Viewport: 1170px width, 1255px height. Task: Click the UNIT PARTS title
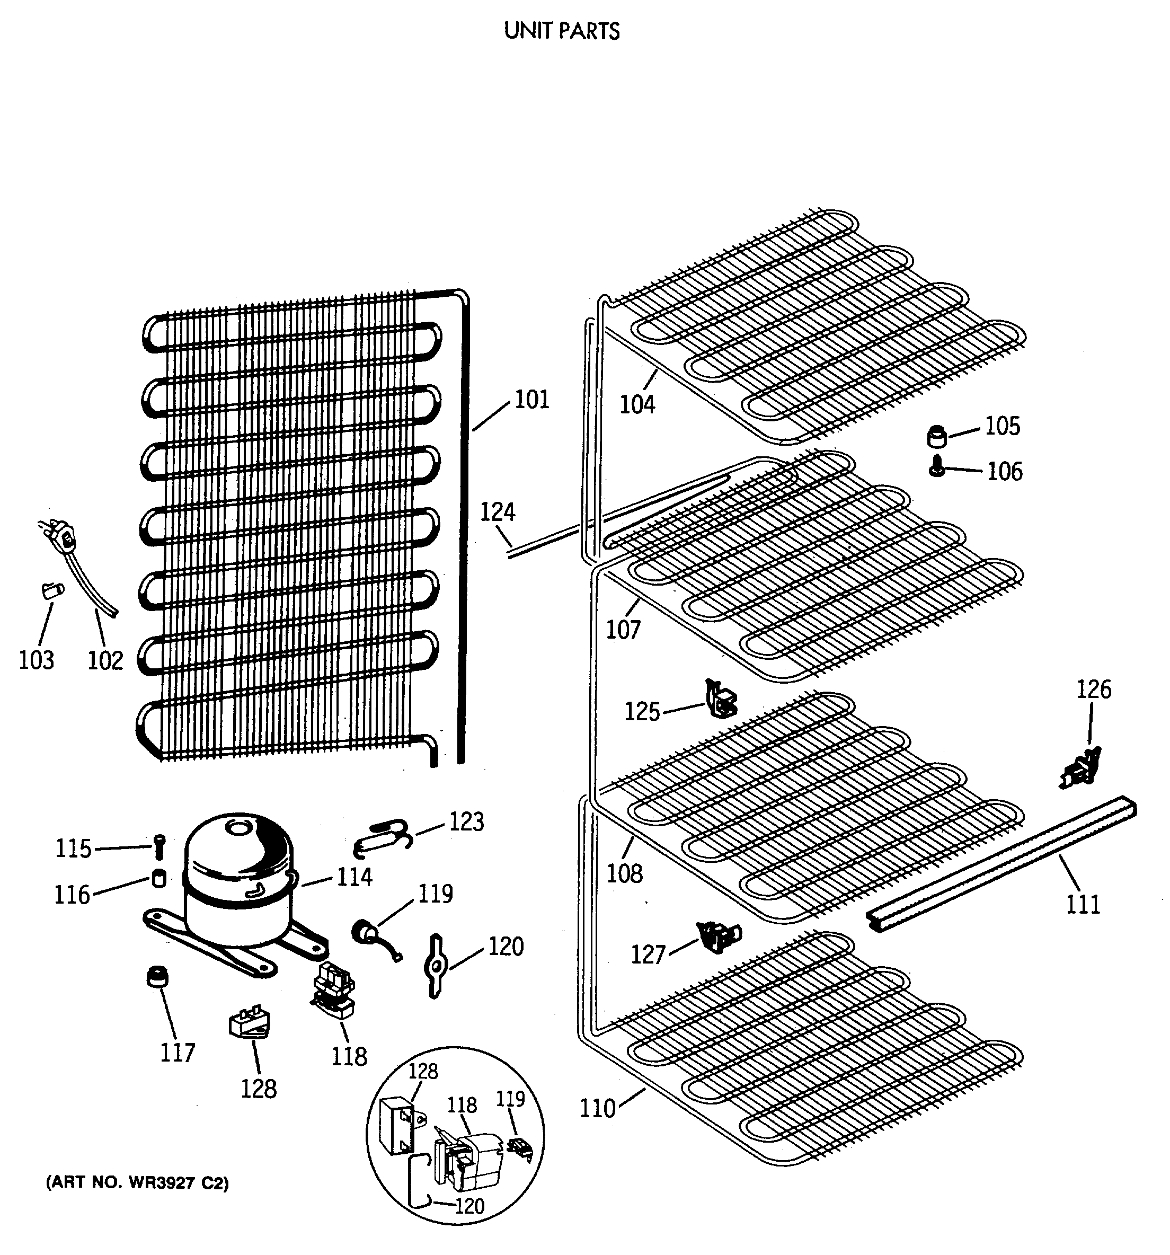562,31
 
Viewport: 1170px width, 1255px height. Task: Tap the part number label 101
532,400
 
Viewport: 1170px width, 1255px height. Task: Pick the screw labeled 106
937,469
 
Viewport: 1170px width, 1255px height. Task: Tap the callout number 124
497,512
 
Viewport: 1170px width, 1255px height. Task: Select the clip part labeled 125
720,699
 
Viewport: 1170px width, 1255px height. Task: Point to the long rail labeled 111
1004,863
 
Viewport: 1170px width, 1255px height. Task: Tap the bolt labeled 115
159,846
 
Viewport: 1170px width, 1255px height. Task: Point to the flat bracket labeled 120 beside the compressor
436,966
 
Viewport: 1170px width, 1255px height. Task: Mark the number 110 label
597,1109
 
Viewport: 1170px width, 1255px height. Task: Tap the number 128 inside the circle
422,1071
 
